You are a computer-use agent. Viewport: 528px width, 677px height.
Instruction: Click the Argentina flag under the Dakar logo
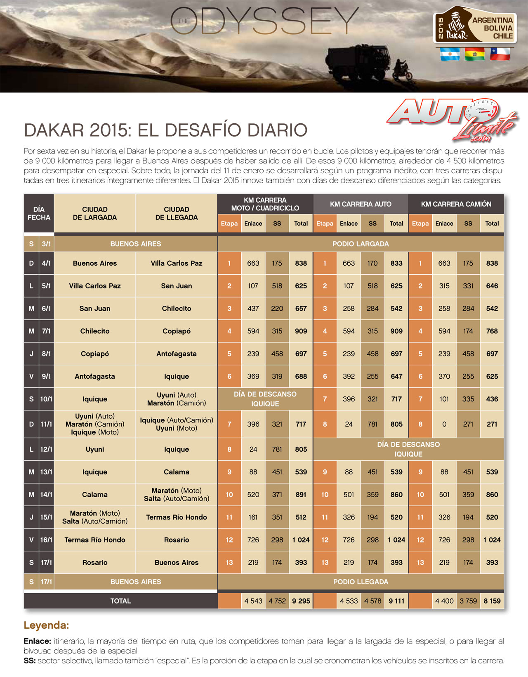(x=450, y=54)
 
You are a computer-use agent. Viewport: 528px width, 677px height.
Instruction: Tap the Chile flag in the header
(x=500, y=54)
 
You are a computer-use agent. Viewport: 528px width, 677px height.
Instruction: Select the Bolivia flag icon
(x=475, y=54)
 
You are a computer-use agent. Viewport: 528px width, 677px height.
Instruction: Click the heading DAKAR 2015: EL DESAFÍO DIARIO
(x=165, y=130)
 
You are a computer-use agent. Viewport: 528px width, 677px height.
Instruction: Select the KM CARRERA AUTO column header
(x=361, y=204)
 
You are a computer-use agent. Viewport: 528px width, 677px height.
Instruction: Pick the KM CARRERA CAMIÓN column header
(x=456, y=204)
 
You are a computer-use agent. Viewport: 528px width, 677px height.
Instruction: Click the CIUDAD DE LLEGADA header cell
(x=177, y=213)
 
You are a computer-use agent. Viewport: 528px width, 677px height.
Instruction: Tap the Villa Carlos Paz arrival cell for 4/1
(x=177, y=263)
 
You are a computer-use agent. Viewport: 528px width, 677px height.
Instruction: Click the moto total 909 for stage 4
(x=301, y=331)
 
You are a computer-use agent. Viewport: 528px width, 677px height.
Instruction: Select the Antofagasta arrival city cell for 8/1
(x=177, y=354)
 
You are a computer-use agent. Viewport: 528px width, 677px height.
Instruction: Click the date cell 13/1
(x=46, y=472)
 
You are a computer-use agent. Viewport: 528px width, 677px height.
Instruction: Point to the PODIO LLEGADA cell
(x=361, y=582)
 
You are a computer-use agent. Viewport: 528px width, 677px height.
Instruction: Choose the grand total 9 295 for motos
(x=301, y=601)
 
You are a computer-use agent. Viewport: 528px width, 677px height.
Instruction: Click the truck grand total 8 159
(x=492, y=601)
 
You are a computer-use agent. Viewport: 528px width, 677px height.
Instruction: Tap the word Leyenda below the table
(x=46, y=625)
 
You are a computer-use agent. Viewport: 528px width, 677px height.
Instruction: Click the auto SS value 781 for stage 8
(x=372, y=424)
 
